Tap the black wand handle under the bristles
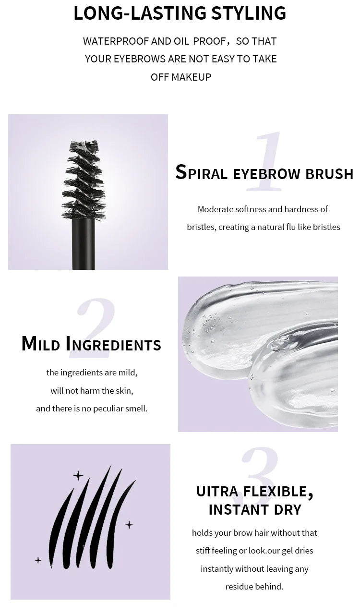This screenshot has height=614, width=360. tap(83, 245)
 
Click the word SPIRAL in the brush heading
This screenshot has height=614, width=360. tap(201, 173)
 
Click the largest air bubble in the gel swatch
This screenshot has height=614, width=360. tap(281, 343)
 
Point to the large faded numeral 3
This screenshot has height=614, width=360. tap(259, 473)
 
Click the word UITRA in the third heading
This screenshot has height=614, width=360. tap(217, 492)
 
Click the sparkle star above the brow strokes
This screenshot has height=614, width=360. tap(78, 476)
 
